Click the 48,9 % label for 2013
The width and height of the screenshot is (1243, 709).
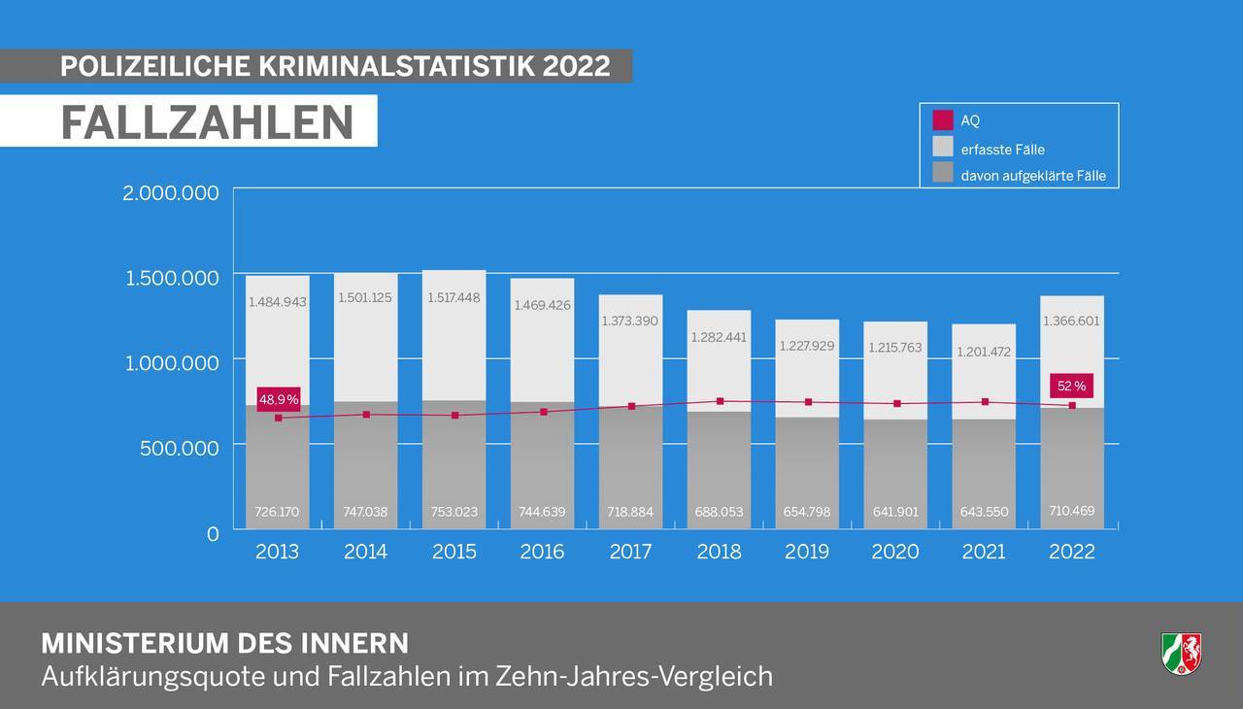(279, 399)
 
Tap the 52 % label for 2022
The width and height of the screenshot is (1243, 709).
(1072, 387)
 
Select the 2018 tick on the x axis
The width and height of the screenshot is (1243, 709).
(719, 552)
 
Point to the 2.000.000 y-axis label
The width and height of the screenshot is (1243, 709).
(171, 192)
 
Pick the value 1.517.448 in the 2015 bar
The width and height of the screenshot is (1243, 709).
(454, 297)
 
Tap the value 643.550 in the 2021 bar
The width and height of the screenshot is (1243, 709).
(984, 512)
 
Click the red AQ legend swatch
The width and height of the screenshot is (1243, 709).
(942, 120)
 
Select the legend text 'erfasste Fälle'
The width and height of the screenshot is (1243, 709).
(1002, 150)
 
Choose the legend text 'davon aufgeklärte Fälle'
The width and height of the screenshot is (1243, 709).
(1033, 176)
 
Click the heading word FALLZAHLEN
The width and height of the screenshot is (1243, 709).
(207, 121)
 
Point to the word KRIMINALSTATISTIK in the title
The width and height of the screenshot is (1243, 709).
(396, 66)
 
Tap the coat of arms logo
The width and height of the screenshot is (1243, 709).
(1181, 653)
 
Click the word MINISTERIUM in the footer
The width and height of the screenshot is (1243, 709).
(134, 643)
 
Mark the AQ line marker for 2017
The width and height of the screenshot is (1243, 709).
(631, 406)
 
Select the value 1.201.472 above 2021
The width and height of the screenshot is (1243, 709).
(984, 352)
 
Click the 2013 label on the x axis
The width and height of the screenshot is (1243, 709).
(277, 552)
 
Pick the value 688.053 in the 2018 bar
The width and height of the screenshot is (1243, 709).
(719, 512)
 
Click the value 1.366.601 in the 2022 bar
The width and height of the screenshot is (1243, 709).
(1072, 321)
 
